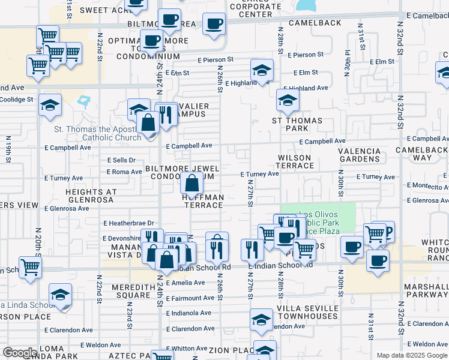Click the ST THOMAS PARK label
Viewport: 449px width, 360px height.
tap(297, 124)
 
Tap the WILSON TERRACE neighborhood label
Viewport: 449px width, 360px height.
tap(294, 161)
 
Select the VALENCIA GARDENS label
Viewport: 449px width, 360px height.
tap(359, 155)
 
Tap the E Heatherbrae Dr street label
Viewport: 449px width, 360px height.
tap(128, 223)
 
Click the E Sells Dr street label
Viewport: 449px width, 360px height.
tap(121, 160)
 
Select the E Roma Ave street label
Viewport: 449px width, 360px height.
tap(124, 172)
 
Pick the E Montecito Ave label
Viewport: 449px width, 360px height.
tap(427, 187)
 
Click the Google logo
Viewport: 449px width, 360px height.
tap(20, 353)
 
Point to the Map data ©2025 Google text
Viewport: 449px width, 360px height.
tap(412, 355)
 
